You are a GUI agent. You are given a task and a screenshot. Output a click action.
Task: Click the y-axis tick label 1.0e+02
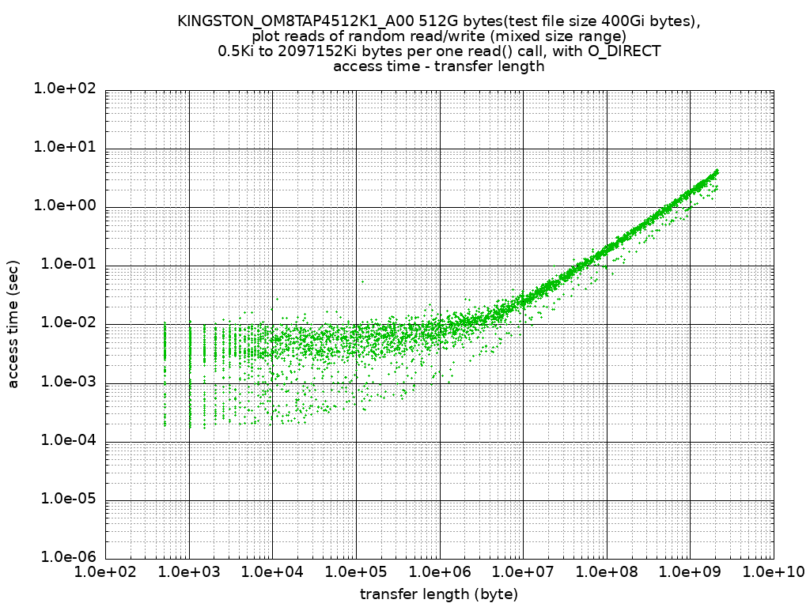[64, 89]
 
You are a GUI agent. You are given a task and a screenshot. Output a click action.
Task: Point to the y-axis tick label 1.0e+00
[64, 206]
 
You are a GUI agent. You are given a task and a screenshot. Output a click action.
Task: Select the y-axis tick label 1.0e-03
[64, 383]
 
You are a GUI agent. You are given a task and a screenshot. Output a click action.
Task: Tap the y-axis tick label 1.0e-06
[64, 558]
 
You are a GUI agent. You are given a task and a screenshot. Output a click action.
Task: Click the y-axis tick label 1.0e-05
[64, 500]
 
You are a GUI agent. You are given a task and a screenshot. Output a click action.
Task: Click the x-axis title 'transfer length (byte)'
[439, 594]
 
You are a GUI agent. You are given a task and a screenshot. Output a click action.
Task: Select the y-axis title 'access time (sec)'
[13, 324]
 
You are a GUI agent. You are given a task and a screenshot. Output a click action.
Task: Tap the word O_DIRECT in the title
[623, 51]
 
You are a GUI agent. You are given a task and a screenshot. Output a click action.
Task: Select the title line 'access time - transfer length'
[439, 66]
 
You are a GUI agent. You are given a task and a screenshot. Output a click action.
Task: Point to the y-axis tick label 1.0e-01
[64, 266]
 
